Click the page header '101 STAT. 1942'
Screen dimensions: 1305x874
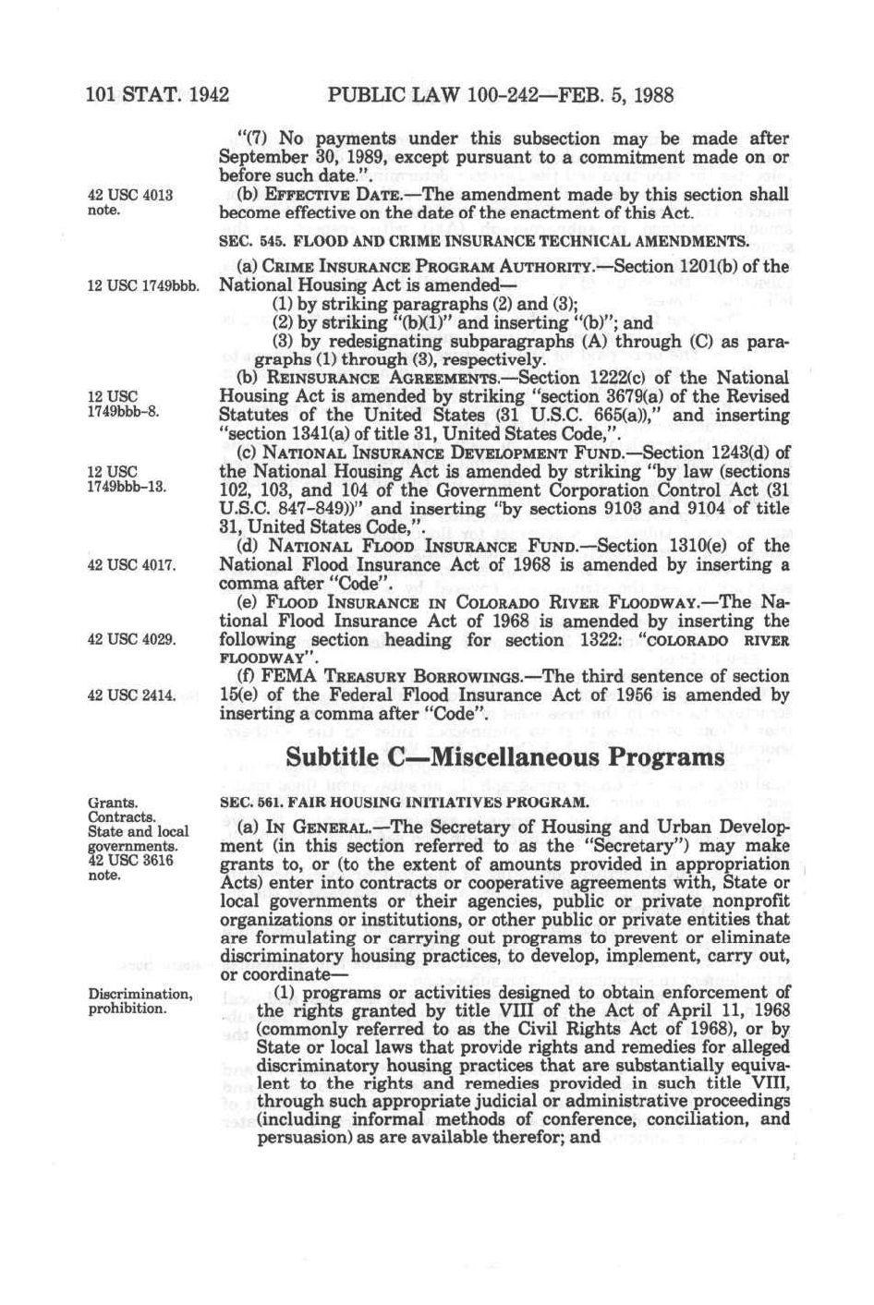pyautogui.click(x=157, y=94)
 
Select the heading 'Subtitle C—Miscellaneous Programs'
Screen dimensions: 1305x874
pyautogui.click(x=504, y=756)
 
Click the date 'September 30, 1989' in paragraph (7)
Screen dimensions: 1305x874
pyautogui.click(x=294, y=157)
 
